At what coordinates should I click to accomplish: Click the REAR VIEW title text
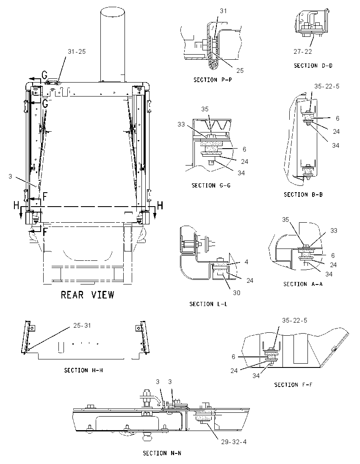tap(87, 295)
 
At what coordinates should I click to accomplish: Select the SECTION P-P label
tap(213, 80)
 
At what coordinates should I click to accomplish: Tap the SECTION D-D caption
tap(313, 66)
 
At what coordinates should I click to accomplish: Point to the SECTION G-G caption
tap(211, 185)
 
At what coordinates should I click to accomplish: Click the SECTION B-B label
tap(303, 195)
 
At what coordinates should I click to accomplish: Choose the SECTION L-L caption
tap(208, 304)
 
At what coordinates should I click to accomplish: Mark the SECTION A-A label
tap(303, 284)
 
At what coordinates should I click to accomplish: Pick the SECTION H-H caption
tap(83, 370)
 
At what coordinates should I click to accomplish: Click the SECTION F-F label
tap(293, 385)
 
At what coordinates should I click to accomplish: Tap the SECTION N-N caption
tap(162, 453)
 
